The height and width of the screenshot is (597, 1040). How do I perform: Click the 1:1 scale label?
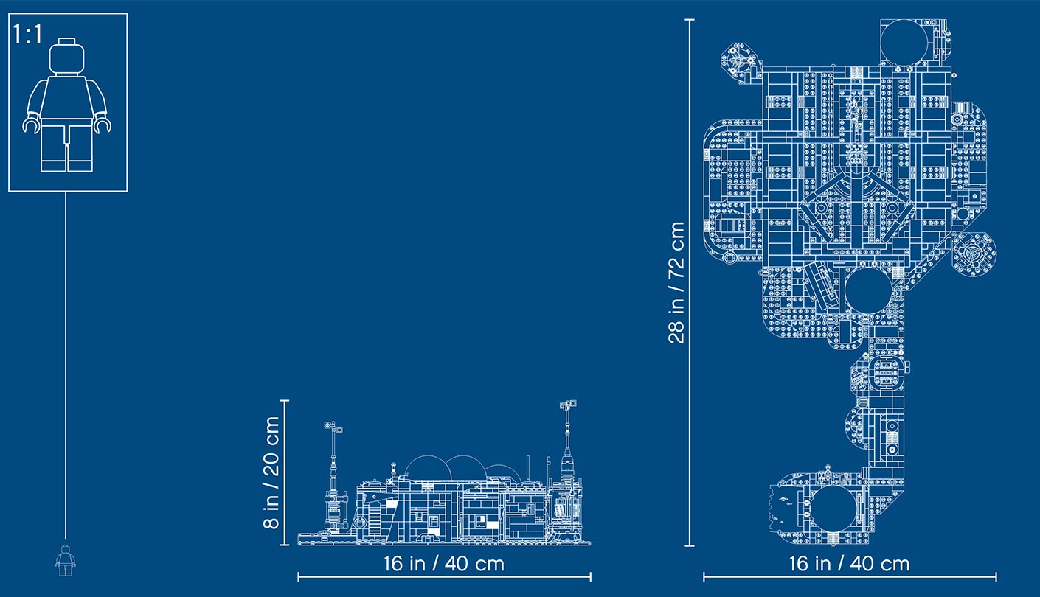point(27,35)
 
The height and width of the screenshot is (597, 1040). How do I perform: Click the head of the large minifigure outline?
point(67,56)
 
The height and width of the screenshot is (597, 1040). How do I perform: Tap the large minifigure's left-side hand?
point(31,124)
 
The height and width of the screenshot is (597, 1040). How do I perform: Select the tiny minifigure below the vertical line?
point(66,560)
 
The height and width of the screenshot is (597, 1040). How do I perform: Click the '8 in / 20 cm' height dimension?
point(271,472)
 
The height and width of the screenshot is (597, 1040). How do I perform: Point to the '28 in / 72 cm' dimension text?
point(676,282)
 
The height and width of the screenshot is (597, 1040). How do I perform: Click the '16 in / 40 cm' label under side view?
point(444,564)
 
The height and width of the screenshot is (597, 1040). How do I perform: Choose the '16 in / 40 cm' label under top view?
point(850,564)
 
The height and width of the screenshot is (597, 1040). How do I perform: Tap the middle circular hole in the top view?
point(868,291)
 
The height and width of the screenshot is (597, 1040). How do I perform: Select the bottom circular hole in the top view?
point(834,509)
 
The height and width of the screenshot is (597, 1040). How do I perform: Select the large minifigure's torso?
point(67,97)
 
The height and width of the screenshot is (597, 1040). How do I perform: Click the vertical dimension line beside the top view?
point(690,283)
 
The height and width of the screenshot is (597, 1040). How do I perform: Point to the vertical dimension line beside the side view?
point(285,472)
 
